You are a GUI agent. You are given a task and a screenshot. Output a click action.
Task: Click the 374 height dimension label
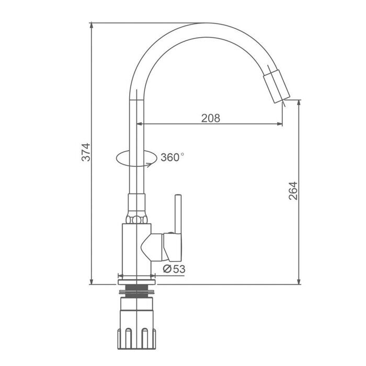click(86, 152)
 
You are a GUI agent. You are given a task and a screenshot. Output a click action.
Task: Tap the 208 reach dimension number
click(211, 118)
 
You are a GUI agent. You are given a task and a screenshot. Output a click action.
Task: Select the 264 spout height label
click(293, 191)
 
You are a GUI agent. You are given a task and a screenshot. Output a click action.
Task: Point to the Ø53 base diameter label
click(174, 269)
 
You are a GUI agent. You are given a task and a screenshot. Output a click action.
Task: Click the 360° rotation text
click(172, 157)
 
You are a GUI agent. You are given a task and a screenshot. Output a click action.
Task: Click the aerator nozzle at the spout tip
click(277, 86)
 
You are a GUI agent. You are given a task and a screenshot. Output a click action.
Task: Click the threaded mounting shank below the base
click(137, 291)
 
